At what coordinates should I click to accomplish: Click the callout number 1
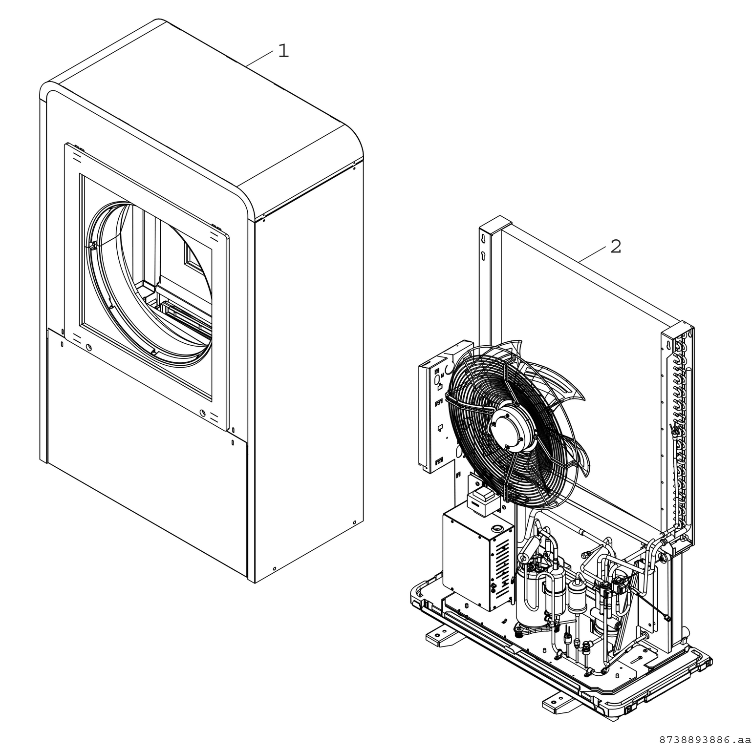[283, 51]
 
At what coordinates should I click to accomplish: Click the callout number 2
[616, 247]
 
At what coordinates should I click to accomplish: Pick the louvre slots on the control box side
[501, 564]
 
